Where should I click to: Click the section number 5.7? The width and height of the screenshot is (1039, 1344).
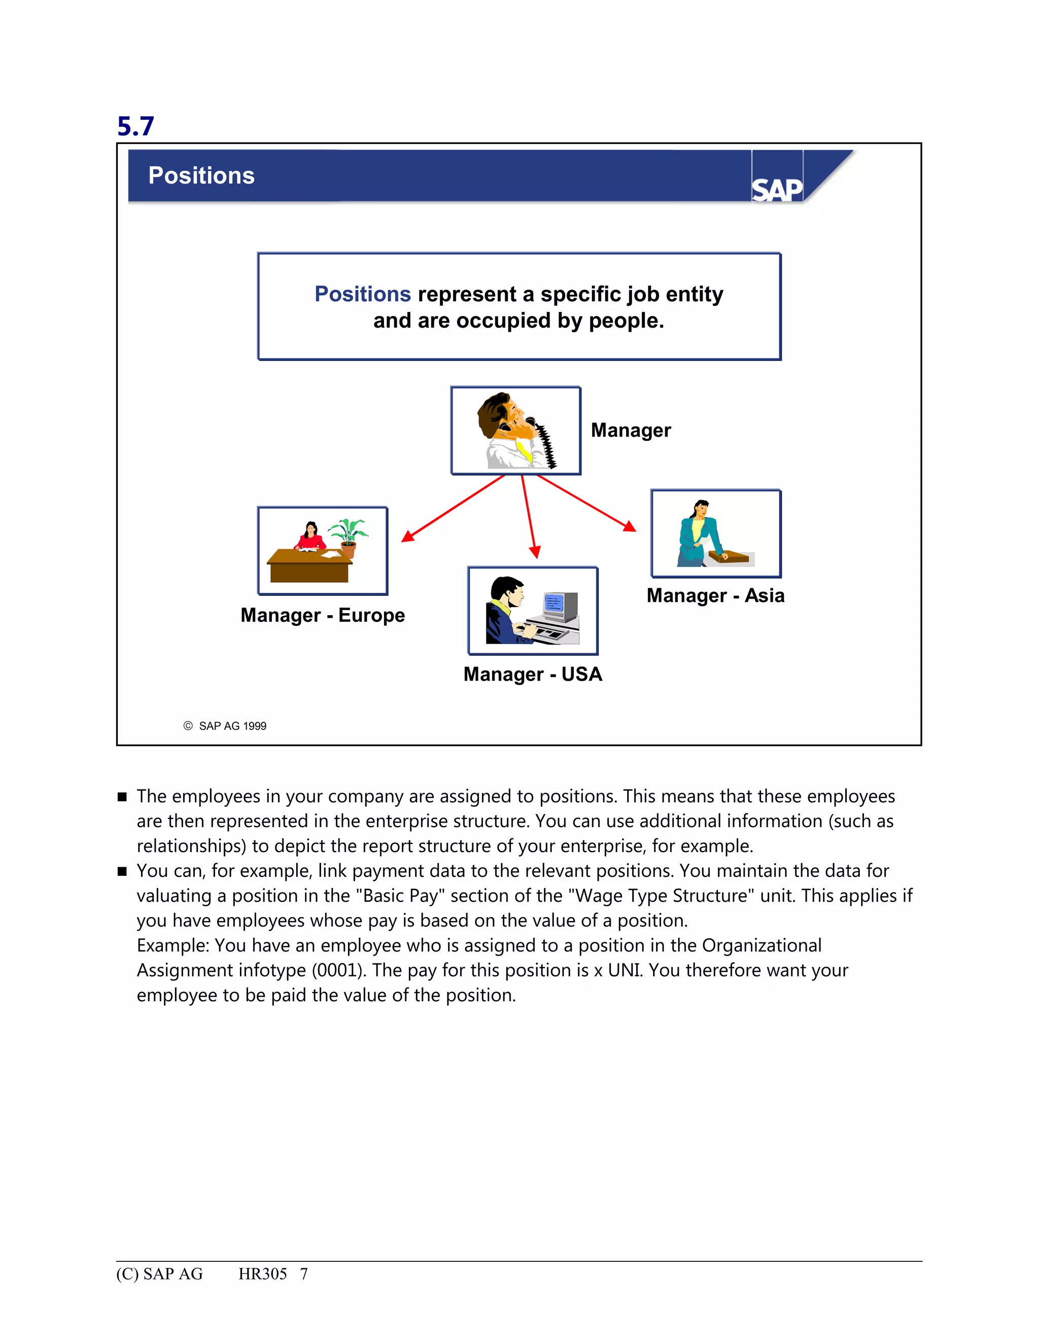135,126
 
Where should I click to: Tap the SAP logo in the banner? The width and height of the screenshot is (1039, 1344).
777,190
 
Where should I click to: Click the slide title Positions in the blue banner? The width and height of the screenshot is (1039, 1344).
201,176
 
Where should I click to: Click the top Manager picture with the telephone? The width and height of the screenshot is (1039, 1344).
516,431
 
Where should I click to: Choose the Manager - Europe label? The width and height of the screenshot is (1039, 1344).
323,615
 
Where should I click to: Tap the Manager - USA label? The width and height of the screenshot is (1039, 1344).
532,675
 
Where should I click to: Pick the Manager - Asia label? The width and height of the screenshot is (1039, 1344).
715,596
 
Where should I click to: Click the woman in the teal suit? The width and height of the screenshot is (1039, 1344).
699,534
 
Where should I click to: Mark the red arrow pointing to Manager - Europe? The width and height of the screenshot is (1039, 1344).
453,508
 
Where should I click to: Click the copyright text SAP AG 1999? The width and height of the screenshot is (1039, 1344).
232,726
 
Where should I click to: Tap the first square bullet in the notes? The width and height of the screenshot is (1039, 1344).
122,797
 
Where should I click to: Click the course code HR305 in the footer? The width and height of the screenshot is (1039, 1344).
262,1274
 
